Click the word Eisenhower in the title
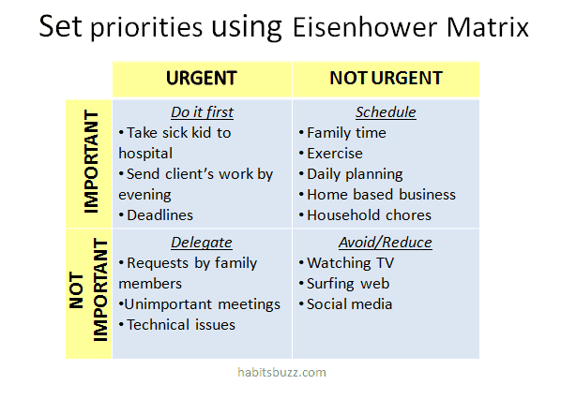click(365, 27)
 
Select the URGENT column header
click(202, 79)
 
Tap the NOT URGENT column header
click(387, 79)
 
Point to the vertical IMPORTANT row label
click(91, 161)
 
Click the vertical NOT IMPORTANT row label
click(88, 289)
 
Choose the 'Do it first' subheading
click(202, 112)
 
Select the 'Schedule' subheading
click(386, 112)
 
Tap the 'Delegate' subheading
click(202, 243)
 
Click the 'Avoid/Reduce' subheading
click(386, 243)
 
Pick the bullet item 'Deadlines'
click(159, 215)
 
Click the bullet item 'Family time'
click(347, 133)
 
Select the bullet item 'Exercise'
click(335, 154)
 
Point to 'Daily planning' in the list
click(355, 174)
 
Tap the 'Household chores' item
click(370, 215)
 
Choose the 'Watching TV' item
click(351, 263)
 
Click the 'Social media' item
click(350, 304)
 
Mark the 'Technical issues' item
click(181, 325)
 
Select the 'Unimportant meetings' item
click(202, 304)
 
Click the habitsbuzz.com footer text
click(282, 373)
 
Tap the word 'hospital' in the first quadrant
click(145, 154)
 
